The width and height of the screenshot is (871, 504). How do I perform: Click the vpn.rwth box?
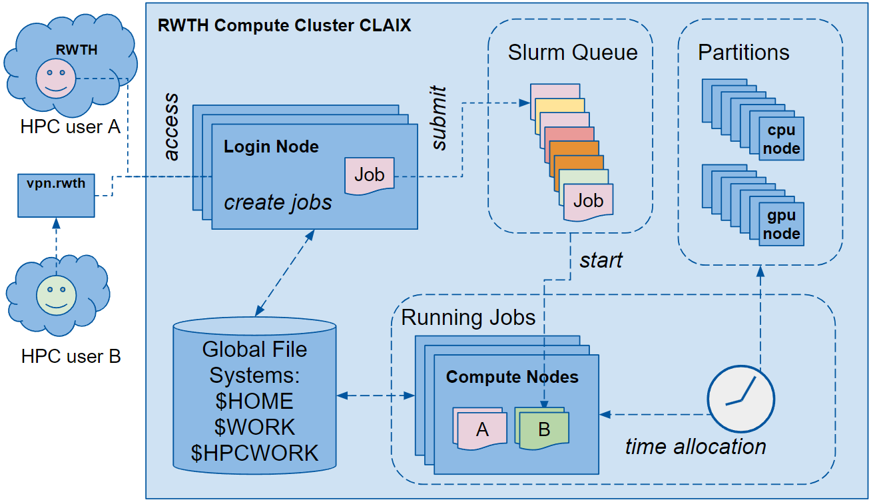(55, 194)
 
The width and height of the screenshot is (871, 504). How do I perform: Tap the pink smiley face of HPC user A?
(56, 78)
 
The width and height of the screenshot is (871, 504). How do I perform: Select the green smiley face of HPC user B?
(56, 295)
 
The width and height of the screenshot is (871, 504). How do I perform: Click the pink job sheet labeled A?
(481, 429)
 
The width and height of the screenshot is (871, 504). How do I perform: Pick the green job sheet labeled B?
(544, 429)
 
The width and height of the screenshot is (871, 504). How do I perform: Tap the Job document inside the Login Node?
(370, 175)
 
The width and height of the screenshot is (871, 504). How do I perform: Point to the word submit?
(439, 117)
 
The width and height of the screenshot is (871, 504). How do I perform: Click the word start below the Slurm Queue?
(601, 260)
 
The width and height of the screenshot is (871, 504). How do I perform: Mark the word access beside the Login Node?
(171, 126)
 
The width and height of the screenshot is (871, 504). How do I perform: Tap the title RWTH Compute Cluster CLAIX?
(284, 26)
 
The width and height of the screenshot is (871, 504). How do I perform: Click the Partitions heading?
(743, 53)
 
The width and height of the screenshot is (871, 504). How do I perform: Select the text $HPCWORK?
(254, 453)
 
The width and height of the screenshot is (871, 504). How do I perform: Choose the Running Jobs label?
(468, 317)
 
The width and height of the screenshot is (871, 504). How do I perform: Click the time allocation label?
(695, 446)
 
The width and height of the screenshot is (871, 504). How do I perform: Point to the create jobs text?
(278, 202)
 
